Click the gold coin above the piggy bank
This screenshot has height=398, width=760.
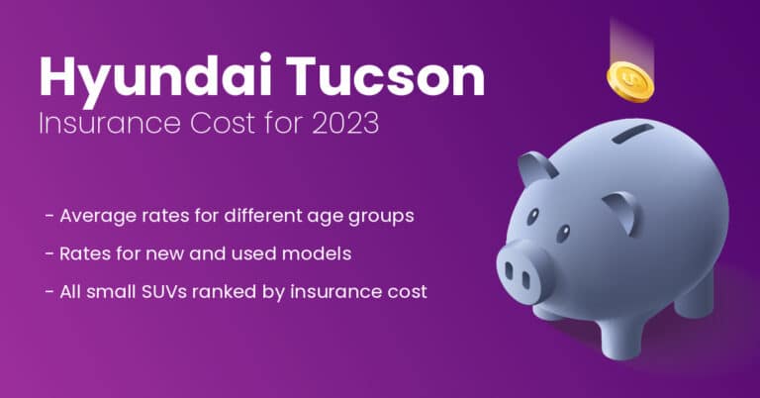coord(630,79)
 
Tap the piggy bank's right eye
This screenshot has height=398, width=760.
coord(563,234)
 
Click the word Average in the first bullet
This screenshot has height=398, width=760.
coord(94,216)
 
